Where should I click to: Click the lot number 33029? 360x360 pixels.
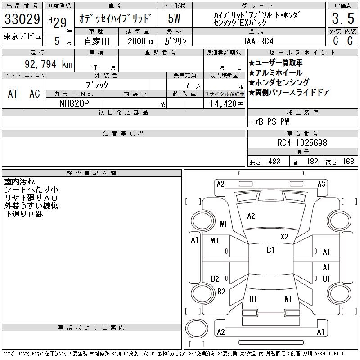click(x=22, y=19)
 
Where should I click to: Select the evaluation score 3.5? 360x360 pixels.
click(x=343, y=18)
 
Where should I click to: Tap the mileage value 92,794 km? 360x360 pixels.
click(x=49, y=64)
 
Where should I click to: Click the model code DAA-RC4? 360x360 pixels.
click(x=257, y=41)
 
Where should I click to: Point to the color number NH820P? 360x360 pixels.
click(x=74, y=103)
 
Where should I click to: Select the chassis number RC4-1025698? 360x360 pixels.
click(x=302, y=143)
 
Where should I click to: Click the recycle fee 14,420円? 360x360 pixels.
click(x=226, y=104)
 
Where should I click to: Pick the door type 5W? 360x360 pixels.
click(x=174, y=18)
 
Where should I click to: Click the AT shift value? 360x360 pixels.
click(x=13, y=94)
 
